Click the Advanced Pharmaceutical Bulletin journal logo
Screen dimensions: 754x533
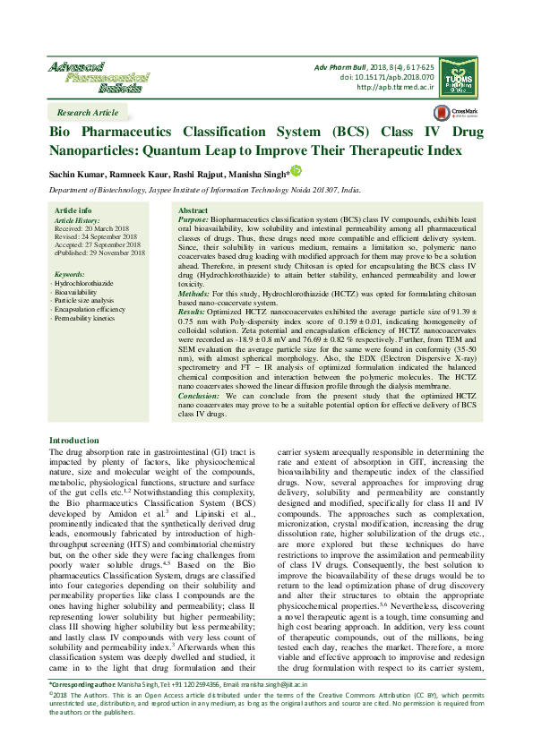point(88,78)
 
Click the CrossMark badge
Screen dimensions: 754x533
point(455,114)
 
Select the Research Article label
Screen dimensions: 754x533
point(87,113)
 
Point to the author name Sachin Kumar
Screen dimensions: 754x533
point(73,173)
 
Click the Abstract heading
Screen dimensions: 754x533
point(193,210)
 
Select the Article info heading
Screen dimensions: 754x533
point(73,210)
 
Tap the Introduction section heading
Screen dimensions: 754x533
point(74,441)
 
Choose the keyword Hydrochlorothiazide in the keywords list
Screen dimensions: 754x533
point(90,283)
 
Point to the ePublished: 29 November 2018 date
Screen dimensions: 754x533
point(100,253)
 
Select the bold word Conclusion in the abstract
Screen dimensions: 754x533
point(199,394)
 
